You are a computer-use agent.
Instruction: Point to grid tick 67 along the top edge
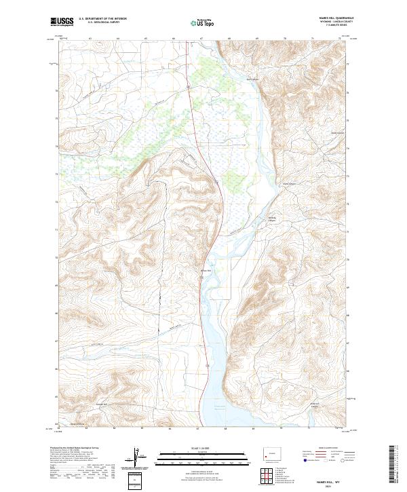[201, 39]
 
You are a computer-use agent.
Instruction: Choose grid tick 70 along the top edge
[284, 39]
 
